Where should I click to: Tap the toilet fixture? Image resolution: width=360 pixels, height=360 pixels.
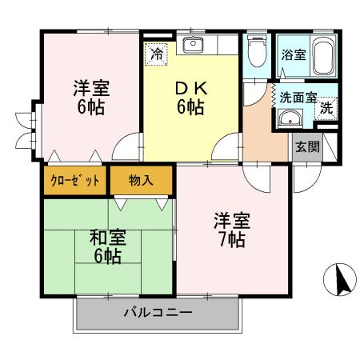pyautogui.click(x=256, y=54)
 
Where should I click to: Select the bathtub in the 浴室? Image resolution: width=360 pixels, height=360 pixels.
pyautogui.click(x=323, y=56)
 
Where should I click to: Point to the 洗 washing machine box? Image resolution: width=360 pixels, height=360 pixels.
pyautogui.click(x=326, y=110)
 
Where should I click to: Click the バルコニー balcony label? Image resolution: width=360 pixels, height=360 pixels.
pyautogui.click(x=157, y=312)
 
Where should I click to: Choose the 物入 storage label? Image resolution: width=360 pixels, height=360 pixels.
pyautogui.click(x=141, y=180)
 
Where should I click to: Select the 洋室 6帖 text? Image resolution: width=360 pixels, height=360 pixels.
pyautogui.click(x=91, y=96)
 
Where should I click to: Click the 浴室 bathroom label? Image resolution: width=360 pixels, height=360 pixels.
pyautogui.click(x=293, y=55)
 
